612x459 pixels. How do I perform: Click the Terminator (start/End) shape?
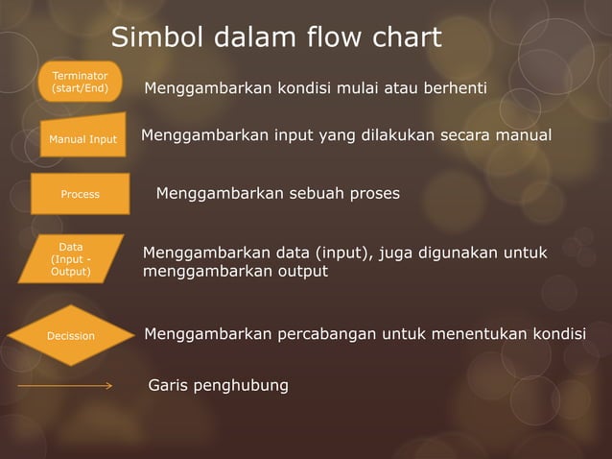[x=80, y=82]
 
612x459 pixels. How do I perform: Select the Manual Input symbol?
[x=82, y=139]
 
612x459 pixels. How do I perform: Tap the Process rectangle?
[x=80, y=194]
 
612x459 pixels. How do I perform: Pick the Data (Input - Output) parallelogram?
[x=71, y=259]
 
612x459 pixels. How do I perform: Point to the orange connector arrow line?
[x=65, y=386]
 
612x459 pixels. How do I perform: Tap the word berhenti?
[x=452, y=89]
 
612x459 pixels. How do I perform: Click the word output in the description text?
[x=301, y=272]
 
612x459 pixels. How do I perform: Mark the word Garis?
[x=169, y=386]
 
